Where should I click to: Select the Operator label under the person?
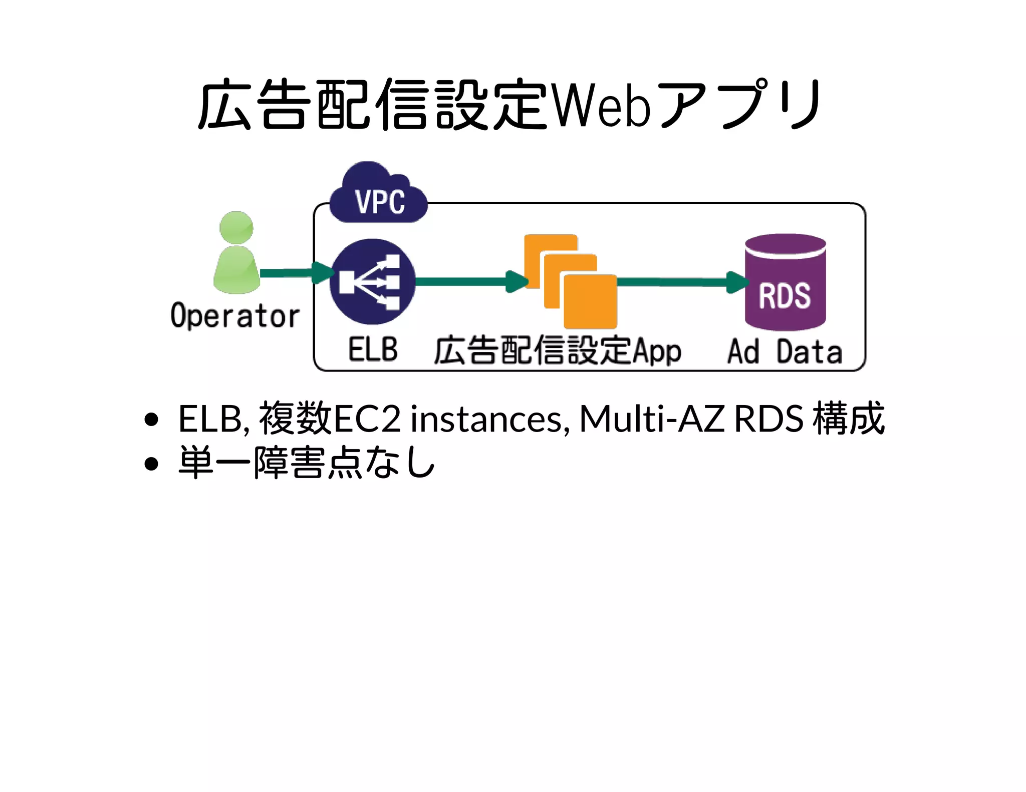(234, 316)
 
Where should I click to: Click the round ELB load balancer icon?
(372, 281)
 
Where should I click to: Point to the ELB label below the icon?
(373, 349)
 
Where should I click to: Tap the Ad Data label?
(785, 351)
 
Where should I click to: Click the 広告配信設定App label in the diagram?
(557, 350)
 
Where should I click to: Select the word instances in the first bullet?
(489, 419)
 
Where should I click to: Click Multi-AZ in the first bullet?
(651, 419)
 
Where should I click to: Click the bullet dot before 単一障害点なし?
(151, 464)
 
